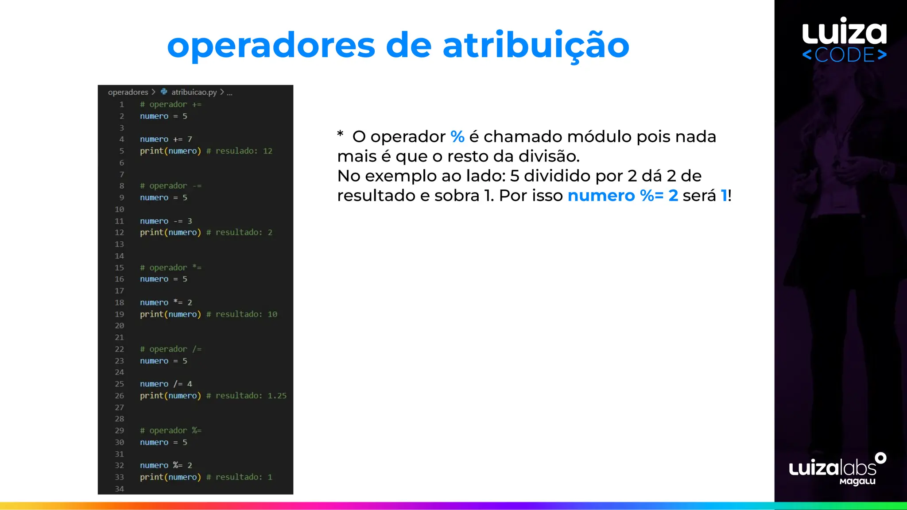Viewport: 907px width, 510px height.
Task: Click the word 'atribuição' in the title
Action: [x=536, y=46]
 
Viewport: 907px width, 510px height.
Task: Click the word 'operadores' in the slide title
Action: [x=271, y=46]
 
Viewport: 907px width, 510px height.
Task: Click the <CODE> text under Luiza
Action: [x=844, y=55]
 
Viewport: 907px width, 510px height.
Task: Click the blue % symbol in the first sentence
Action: [x=457, y=137]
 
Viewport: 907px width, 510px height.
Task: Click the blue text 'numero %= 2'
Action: [x=622, y=196]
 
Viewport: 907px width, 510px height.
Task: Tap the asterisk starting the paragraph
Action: [x=340, y=134]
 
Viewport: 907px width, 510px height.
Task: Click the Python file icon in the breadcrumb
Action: [x=164, y=92]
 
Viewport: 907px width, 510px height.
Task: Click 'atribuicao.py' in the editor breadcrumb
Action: [x=194, y=92]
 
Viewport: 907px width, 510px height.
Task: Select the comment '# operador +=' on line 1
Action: [x=171, y=104]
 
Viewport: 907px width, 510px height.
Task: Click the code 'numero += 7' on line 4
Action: [x=166, y=139]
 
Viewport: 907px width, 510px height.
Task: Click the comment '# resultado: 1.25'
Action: [x=246, y=396]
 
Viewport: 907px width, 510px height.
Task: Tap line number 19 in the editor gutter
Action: [x=120, y=314]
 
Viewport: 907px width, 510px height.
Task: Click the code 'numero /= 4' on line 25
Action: [x=166, y=384]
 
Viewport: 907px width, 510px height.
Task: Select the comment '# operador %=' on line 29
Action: [x=171, y=431]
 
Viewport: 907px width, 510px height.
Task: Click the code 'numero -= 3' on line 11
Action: [x=166, y=221]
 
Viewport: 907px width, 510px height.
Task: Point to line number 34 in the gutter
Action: [x=120, y=489]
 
